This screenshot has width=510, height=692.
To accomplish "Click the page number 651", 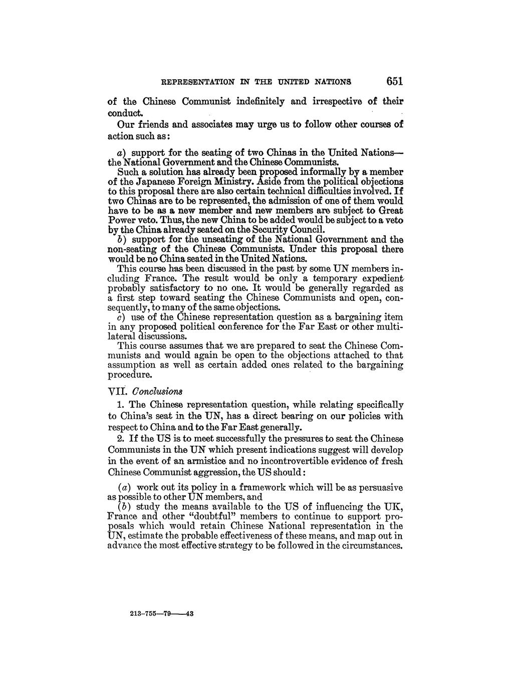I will tap(391, 81).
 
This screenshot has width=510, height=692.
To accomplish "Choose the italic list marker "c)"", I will tap(121, 317).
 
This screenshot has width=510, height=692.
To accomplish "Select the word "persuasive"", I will tap(379, 487).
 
